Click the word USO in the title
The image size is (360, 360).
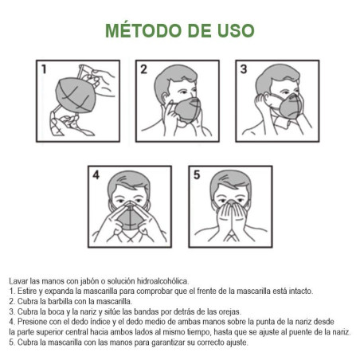point(236,30)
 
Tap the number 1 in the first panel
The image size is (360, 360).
point(44,69)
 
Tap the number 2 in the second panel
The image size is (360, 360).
point(143,69)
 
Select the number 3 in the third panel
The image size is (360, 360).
point(244,69)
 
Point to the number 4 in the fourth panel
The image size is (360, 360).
point(96,175)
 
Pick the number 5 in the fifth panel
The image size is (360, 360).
point(197,175)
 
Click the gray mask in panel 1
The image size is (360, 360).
point(76,95)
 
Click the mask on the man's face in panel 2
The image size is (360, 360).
point(188,110)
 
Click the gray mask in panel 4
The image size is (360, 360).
point(130,217)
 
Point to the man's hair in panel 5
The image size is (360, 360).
point(230,182)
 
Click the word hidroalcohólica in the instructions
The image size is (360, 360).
point(162,281)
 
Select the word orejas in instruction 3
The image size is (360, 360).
point(229,311)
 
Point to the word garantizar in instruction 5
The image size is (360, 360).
point(168,342)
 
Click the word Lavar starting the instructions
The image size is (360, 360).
point(18,281)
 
